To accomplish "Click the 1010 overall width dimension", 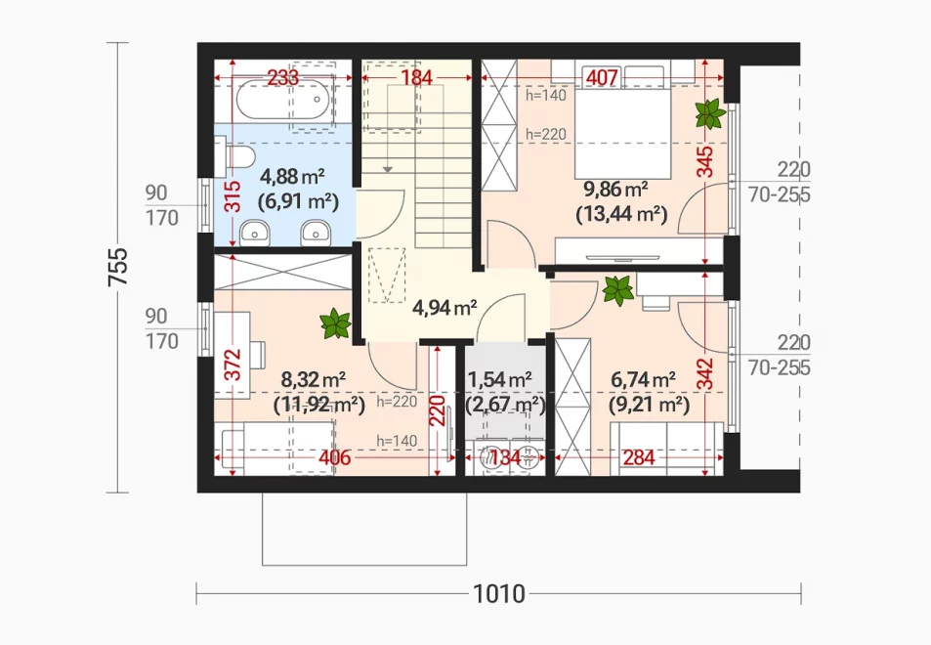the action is click(499, 593).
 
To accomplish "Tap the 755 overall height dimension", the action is click(118, 267).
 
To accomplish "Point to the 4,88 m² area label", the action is click(293, 177).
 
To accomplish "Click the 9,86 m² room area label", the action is click(615, 190).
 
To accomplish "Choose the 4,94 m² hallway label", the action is click(444, 308).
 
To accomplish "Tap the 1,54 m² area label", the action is click(499, 379).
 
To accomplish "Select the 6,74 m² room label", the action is click(643, 379).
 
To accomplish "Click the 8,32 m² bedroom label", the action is click(314, 379).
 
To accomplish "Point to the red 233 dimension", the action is click(282, 77).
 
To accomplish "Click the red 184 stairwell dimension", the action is click(416, 77).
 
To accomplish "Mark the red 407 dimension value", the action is click(603, 77).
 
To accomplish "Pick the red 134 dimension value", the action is click(505, 458).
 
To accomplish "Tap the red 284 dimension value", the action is click(639, 458).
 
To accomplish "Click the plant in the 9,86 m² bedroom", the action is click(709, 113).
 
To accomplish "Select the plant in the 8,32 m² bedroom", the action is click(335, 323).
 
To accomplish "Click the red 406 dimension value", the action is click(335, 458).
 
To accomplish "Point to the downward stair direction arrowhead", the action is click(387, 170).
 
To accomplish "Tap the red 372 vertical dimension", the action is click(233, 365).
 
